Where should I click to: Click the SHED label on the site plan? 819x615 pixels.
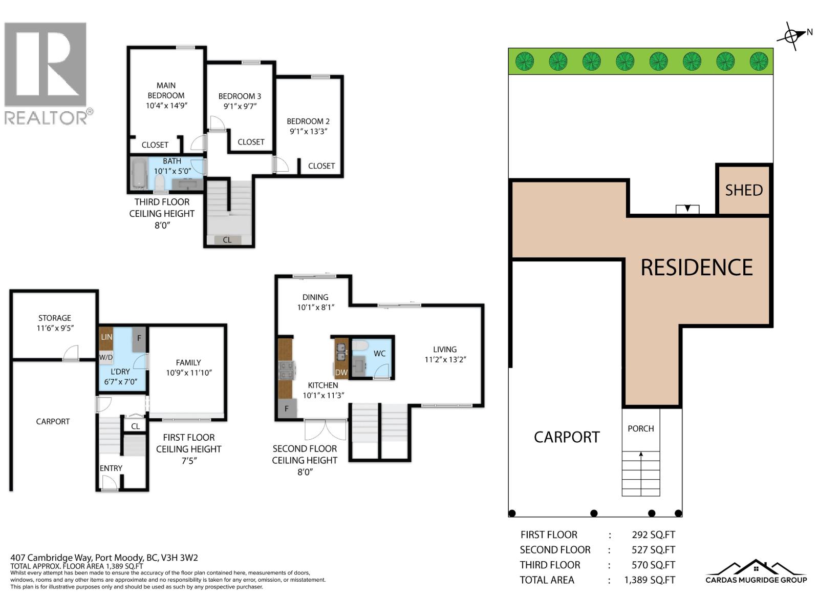click(x=744, y=190)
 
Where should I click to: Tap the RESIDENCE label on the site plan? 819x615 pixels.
click(x=696, y=268)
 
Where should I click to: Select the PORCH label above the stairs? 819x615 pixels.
click(x=640, y=428)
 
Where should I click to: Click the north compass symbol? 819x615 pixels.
click(x=792, y=36)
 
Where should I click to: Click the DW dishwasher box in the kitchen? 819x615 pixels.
click(x=341, y=373)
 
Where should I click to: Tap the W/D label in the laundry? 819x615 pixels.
click(x=105, y=357)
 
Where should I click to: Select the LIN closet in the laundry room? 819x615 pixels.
click(x=106, y=337)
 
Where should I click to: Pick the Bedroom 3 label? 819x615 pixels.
click(x=240, y=96)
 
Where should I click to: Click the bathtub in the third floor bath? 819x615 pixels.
click(x=138, y=173)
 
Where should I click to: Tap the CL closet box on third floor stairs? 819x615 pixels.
click(x=227, y=239)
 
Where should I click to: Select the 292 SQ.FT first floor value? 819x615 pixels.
click(x=653, y=535)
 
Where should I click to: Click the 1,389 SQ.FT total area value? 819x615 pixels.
click(x=649, y=580)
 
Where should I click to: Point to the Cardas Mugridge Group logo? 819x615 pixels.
click(x=756, y=572)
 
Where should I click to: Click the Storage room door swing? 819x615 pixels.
click(x=71, y=353)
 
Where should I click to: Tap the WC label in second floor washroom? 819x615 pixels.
click(x=379, y=354)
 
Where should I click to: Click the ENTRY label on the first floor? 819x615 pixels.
click(x=111, y=468)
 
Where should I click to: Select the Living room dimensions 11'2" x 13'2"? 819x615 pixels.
click(x=444, y=360)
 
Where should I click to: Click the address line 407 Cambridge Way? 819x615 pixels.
click(x=104, y=558)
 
